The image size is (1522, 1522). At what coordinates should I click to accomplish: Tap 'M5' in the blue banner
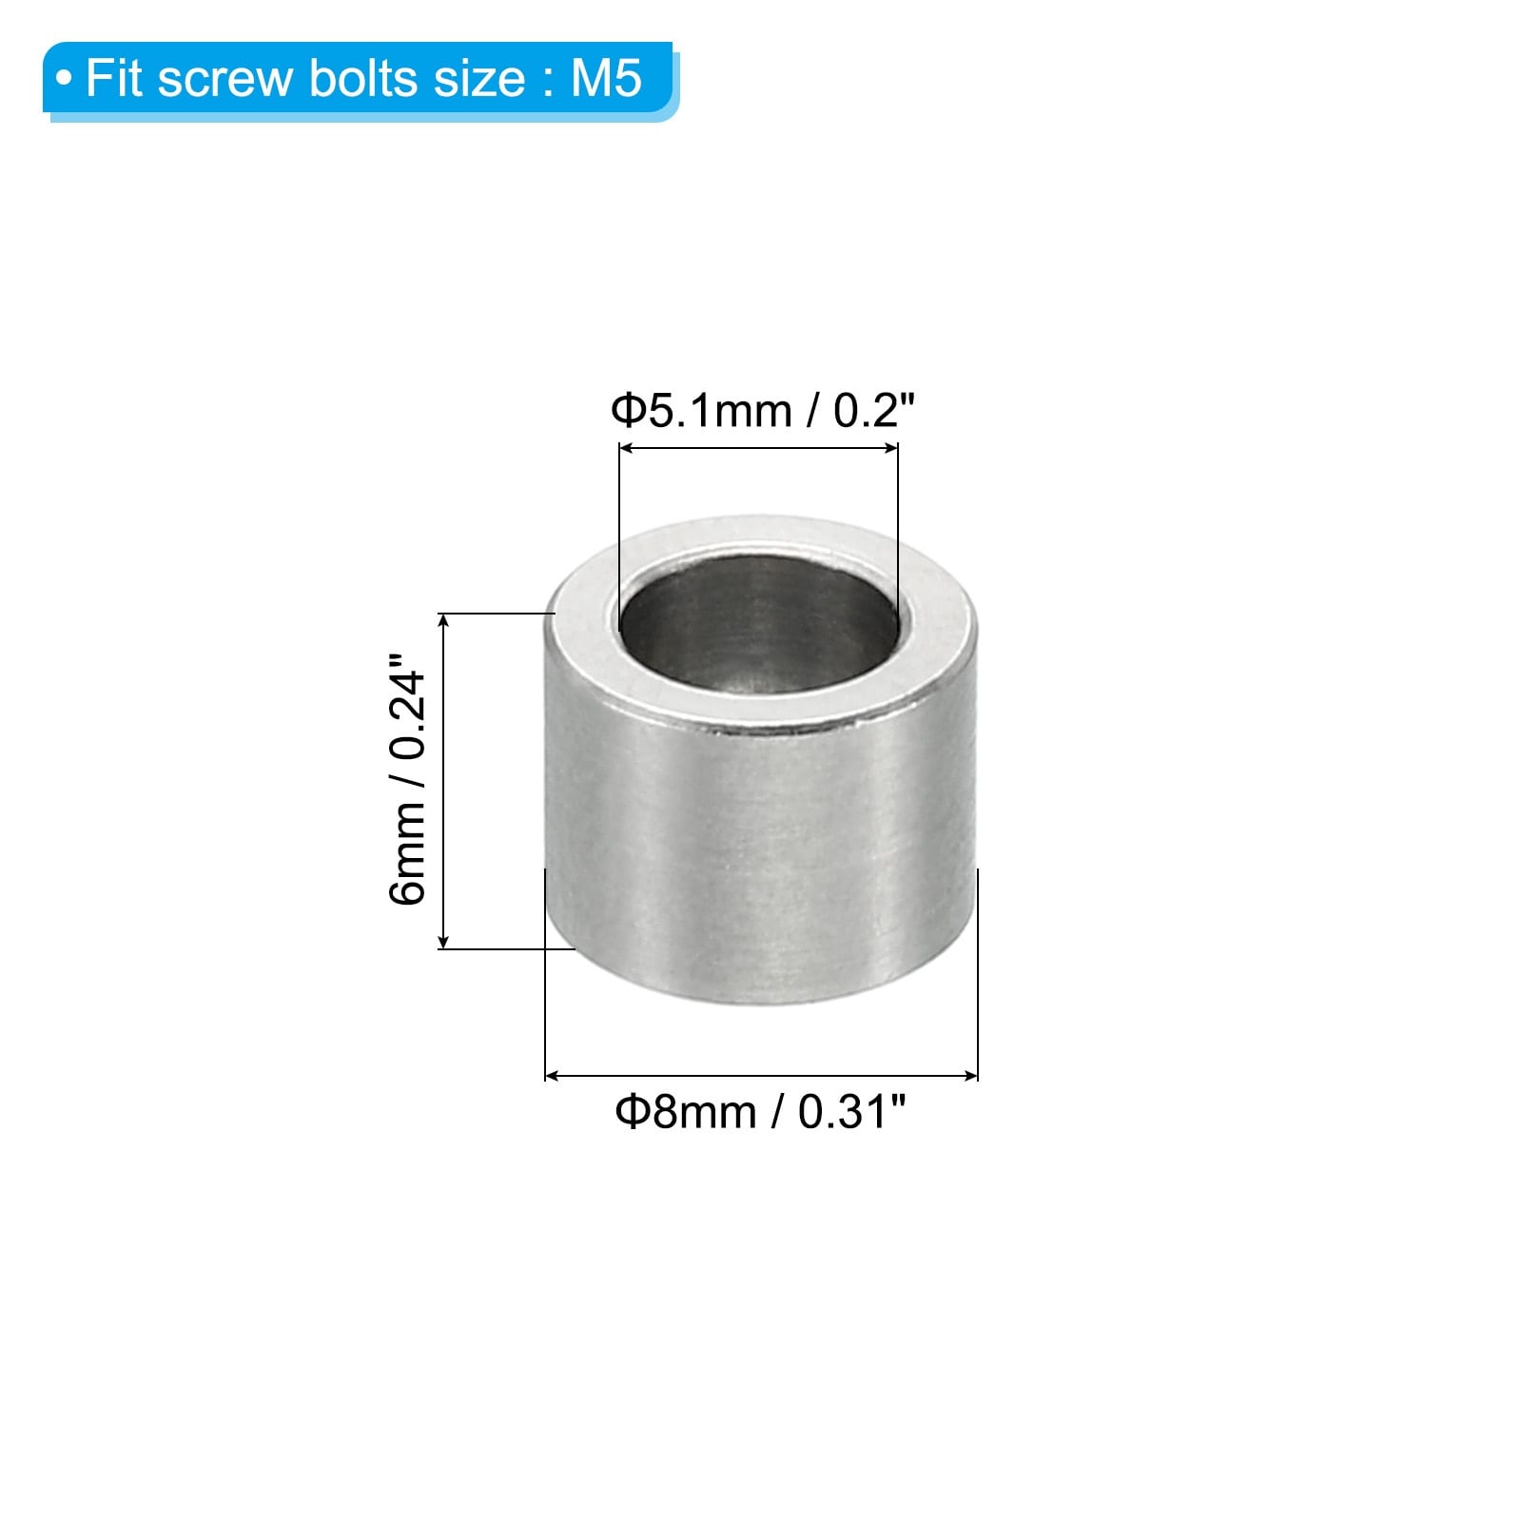pyautogui.click(x=606, y=78)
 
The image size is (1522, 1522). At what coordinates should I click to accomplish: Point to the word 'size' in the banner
pyautogui.click(x=480, y=79)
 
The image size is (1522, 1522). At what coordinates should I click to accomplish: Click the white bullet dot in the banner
pyautogui.click(x=64, y=79)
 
